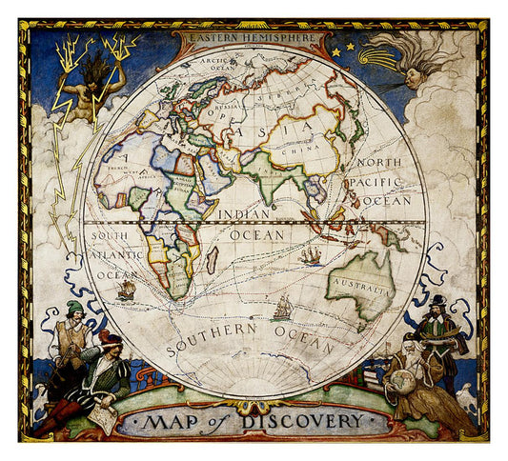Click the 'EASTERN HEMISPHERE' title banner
click(250, 36)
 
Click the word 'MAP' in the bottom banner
click(173, 421)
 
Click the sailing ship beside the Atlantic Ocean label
click(126, 290)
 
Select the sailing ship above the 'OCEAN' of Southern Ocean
click(281, 308)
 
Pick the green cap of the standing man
click(74, 308)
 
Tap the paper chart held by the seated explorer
click(104, 416)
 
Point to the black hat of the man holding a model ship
click(437, 301)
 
